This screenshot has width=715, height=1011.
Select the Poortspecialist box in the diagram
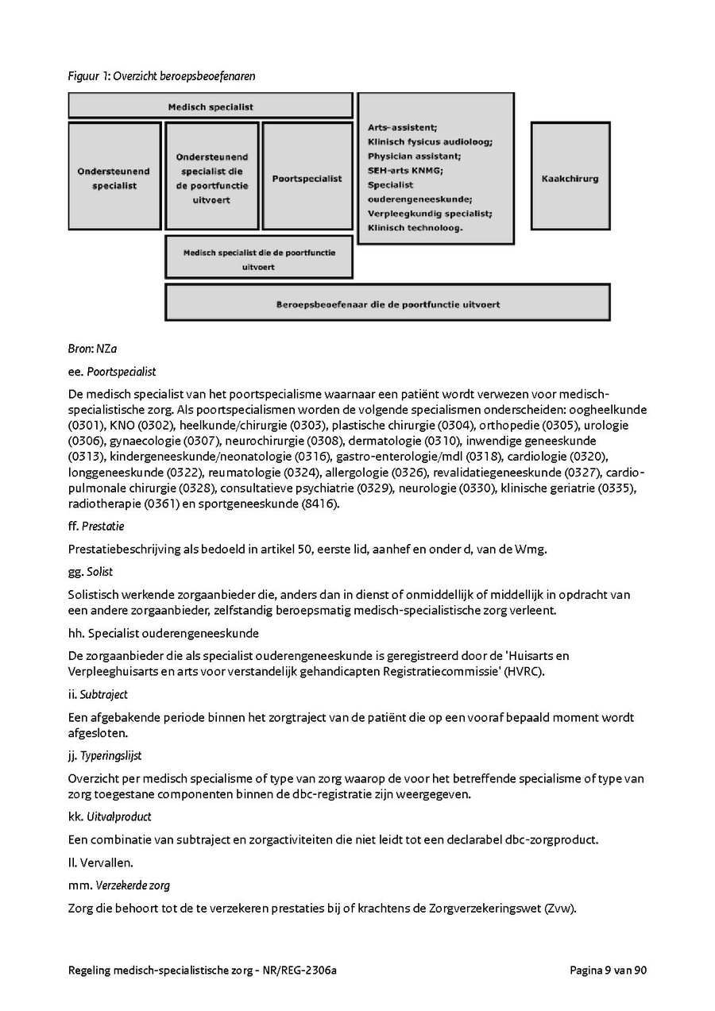(307, 177)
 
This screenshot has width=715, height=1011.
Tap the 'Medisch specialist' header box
(211, 106)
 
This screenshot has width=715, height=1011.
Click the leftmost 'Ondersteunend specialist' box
(115, 177)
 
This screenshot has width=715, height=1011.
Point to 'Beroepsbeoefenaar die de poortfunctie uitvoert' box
(388, 303)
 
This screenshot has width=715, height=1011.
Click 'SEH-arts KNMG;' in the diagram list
(405, 170)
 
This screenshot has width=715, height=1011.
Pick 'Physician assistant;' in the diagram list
(414, 156)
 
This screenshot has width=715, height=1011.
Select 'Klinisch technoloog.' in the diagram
(415, 227)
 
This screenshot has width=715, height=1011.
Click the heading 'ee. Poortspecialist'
(112, 371)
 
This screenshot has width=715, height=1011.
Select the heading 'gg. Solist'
(91, 572)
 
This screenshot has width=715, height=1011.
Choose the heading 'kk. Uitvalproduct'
(110, 816)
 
